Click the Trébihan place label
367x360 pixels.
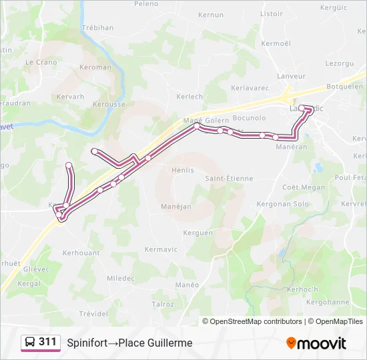pyautogui.click(x=97, y=27)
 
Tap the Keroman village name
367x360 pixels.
pyautogui.click(x=95, y=67)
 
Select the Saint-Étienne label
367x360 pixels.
pyautogui.click(x=229, y=178)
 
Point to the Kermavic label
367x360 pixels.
pyautogui.click(x=161, y=249)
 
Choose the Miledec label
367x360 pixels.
pyautogui.click(x=120, y=278)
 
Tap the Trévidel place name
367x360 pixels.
pyautogui.click(x=93, y=313)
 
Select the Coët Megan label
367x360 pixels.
pyautogui.click(x=304, y=187)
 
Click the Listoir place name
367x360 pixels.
pyautogui.click(x=272, y=13)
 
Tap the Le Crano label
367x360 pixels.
pyautogui.click(x=41, y=62)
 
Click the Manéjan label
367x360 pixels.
pyautogui.click(x=176, y=207)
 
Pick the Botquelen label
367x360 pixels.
pyautogui.click(x=344, y=87)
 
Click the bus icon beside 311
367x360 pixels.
pyautogui.click(x=30, y=343)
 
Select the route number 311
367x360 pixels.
pyautogui.click(x=48, y=342)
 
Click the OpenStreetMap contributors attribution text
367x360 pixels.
pyautogui.click(x=256, y=321)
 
